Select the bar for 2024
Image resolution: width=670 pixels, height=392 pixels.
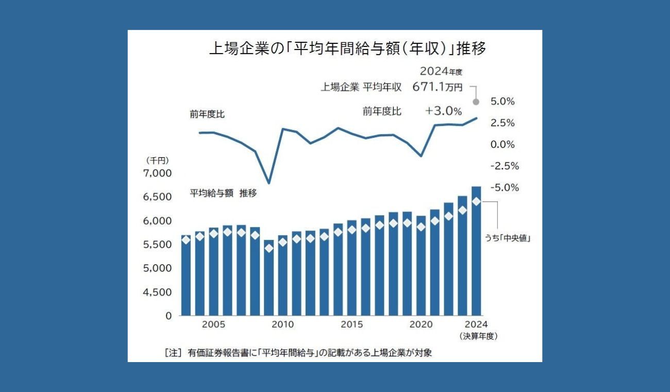click(476, 251)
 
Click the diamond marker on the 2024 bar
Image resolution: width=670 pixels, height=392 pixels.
click(476, 201)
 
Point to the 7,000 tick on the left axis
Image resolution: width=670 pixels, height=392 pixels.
click(156, 173)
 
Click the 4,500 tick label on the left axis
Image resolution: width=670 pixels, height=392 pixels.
click(156, 292)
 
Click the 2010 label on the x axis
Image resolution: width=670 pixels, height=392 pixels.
click(282, 325)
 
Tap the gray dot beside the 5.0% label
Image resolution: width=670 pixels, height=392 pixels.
click(476, 102)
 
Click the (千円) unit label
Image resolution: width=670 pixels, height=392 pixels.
click(158, 160)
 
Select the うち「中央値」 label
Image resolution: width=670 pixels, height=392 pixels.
click(508, 238)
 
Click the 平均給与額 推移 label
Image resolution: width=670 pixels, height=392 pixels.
click(224, 193)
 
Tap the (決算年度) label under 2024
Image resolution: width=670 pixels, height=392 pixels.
click(478, 336)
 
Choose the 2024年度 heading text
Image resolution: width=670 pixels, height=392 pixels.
click(438, 72)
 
